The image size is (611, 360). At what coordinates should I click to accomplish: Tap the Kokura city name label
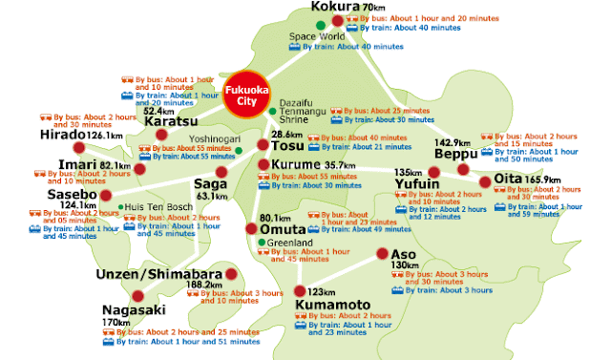point(335,8)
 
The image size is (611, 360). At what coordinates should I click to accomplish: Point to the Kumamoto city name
point(332,305)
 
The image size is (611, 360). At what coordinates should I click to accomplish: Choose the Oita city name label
point(506,180)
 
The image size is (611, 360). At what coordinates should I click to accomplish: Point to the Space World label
point(318,36)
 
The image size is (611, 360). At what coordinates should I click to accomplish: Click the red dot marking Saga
point(221,172)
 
